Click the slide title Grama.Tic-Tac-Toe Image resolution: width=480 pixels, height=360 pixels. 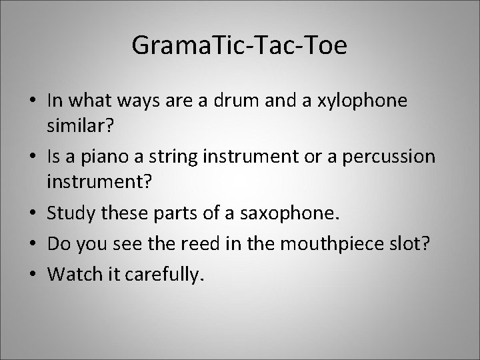coord(239,46)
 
